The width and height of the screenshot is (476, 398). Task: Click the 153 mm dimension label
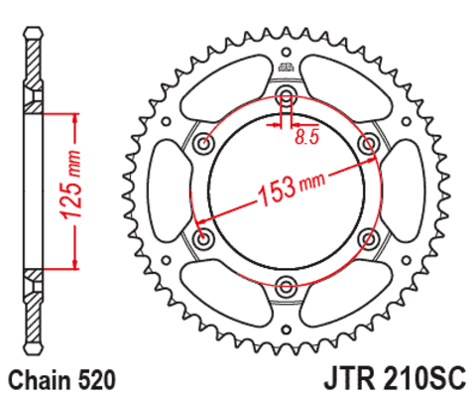292,189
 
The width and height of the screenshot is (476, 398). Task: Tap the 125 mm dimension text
70,185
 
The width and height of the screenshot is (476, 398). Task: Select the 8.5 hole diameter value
307,137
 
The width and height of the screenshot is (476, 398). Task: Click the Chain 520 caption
62,381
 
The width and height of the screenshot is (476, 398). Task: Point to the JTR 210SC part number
395,379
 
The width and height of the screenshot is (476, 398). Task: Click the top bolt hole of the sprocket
287,92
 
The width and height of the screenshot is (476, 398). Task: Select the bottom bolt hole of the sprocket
287,286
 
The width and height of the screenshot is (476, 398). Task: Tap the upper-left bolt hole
204,144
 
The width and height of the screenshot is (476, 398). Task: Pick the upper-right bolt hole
368,144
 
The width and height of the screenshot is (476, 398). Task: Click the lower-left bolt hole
202,237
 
